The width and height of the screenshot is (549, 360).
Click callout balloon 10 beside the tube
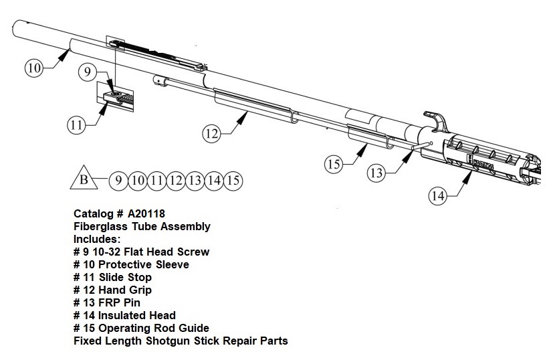[x=35, y=67]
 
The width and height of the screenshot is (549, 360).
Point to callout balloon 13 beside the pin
[x=378, y=172]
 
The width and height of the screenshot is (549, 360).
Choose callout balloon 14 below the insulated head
[x=438, y=195]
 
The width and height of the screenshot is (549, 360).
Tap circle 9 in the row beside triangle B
[x=118, y=180]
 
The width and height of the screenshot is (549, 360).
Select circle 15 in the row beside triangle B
[x=233, y=180]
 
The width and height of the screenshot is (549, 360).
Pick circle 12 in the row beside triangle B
[x=176, y=180]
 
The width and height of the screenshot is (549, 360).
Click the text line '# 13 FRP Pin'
[x=108, y=302]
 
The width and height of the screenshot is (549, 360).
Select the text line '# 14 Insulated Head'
[x=124, y=315]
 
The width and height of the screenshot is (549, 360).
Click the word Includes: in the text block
[x=96, y=239]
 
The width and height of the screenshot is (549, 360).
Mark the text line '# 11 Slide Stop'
[x=112, y=277]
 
